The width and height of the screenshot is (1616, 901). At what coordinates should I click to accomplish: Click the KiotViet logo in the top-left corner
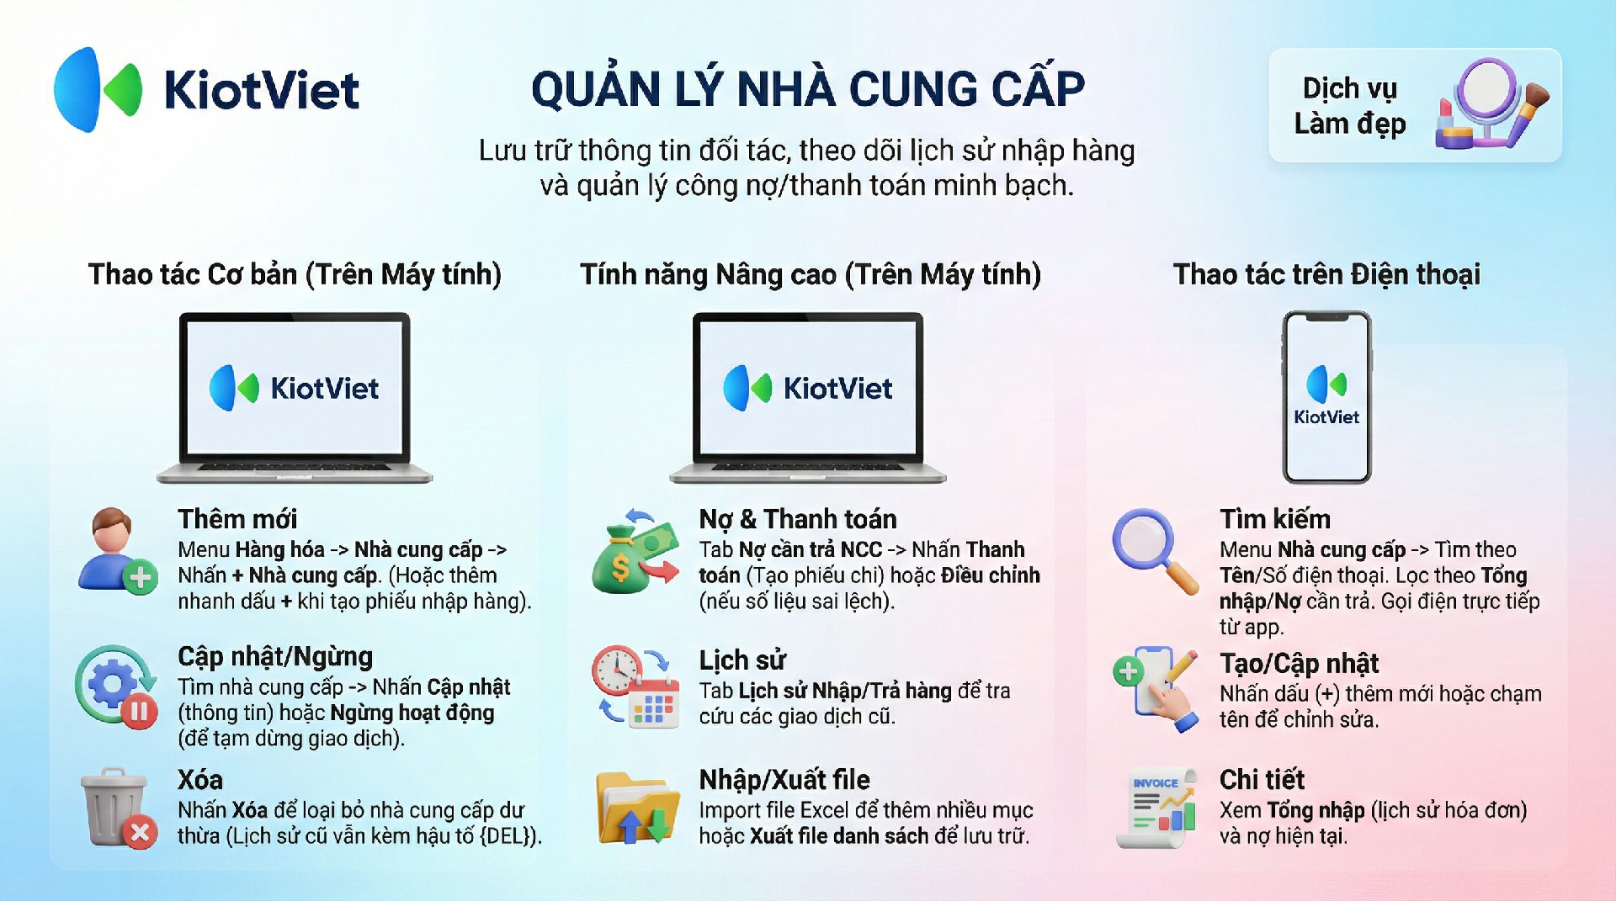(x=207, y=90)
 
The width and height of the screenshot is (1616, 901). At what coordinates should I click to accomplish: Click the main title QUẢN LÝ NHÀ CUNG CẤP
(x=808, y=89)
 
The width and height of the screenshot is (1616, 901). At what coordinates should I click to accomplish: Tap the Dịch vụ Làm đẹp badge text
(x=1350, y=106)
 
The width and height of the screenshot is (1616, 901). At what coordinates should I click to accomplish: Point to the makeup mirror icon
(x=1491, y=103)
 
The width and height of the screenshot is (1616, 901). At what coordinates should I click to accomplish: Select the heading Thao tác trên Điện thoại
(x=1326, y=274)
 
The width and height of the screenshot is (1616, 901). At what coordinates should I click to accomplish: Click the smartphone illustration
(x=1326, y=397)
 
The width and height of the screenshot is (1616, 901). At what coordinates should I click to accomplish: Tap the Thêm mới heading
(x=237, y=519)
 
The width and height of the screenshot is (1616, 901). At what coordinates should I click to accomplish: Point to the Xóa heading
(x=200, y=780)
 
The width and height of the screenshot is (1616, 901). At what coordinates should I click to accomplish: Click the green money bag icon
(x=635, y=551)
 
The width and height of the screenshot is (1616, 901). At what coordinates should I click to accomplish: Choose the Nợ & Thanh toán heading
(x=798, y=519)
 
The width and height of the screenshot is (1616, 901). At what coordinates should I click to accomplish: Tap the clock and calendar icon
(x=635, y=686)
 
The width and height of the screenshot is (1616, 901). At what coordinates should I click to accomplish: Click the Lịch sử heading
(x=742, y=660)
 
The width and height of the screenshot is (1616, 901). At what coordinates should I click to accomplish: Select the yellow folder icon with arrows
(x=637, y=808)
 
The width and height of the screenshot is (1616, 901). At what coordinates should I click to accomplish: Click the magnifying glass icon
(x=1155, y=551)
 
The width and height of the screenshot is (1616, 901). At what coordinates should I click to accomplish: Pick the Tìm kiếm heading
(x=1275, y=519)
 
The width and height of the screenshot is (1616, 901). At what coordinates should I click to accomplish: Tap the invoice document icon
(x=1156, y=808)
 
